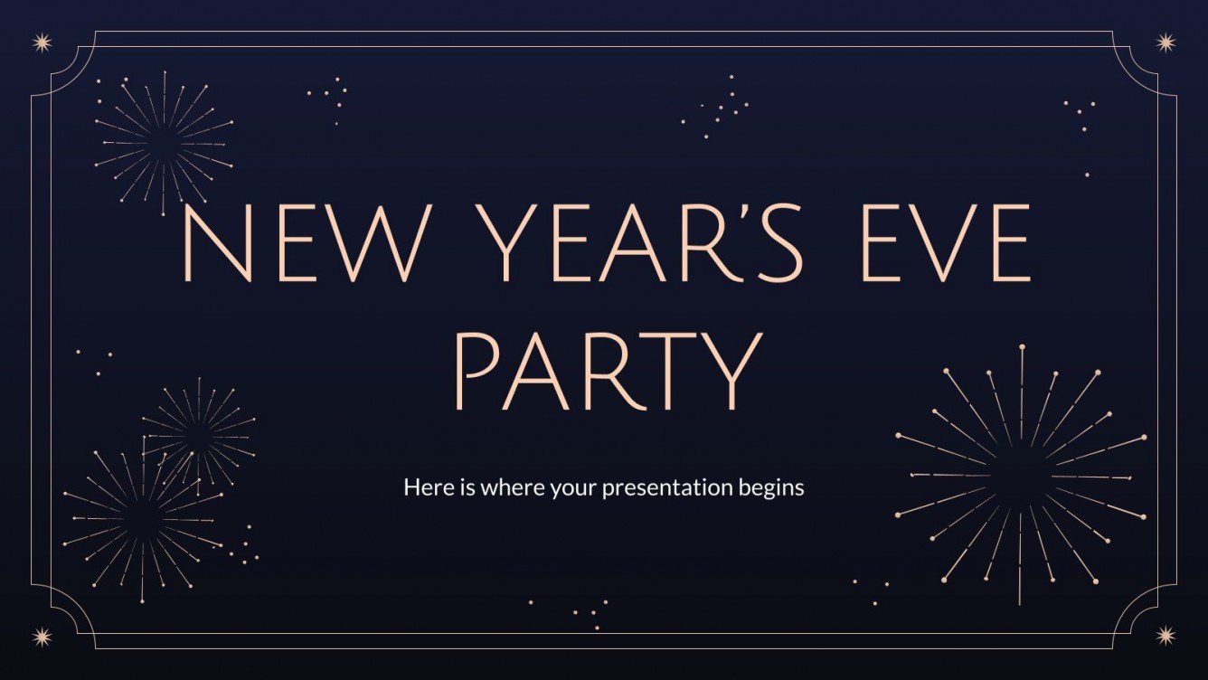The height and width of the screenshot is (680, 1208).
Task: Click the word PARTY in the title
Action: click(605, 373)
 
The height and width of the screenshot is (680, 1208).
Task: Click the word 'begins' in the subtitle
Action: click(770, 489)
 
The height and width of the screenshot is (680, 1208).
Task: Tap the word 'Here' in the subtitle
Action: click(423, 488)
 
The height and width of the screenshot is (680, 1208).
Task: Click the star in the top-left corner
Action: click(42, 42)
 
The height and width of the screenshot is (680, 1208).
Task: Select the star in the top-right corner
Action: click(1166, 42)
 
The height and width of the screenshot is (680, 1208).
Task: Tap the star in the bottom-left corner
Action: click(42, 637)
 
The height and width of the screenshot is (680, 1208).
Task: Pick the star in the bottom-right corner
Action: click(1166, 637)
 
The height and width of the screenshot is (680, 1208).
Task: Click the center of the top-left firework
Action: click(164, 143)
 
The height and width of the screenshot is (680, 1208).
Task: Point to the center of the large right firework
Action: click(1021, 476)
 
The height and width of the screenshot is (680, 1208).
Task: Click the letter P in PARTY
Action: click(477, 373)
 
